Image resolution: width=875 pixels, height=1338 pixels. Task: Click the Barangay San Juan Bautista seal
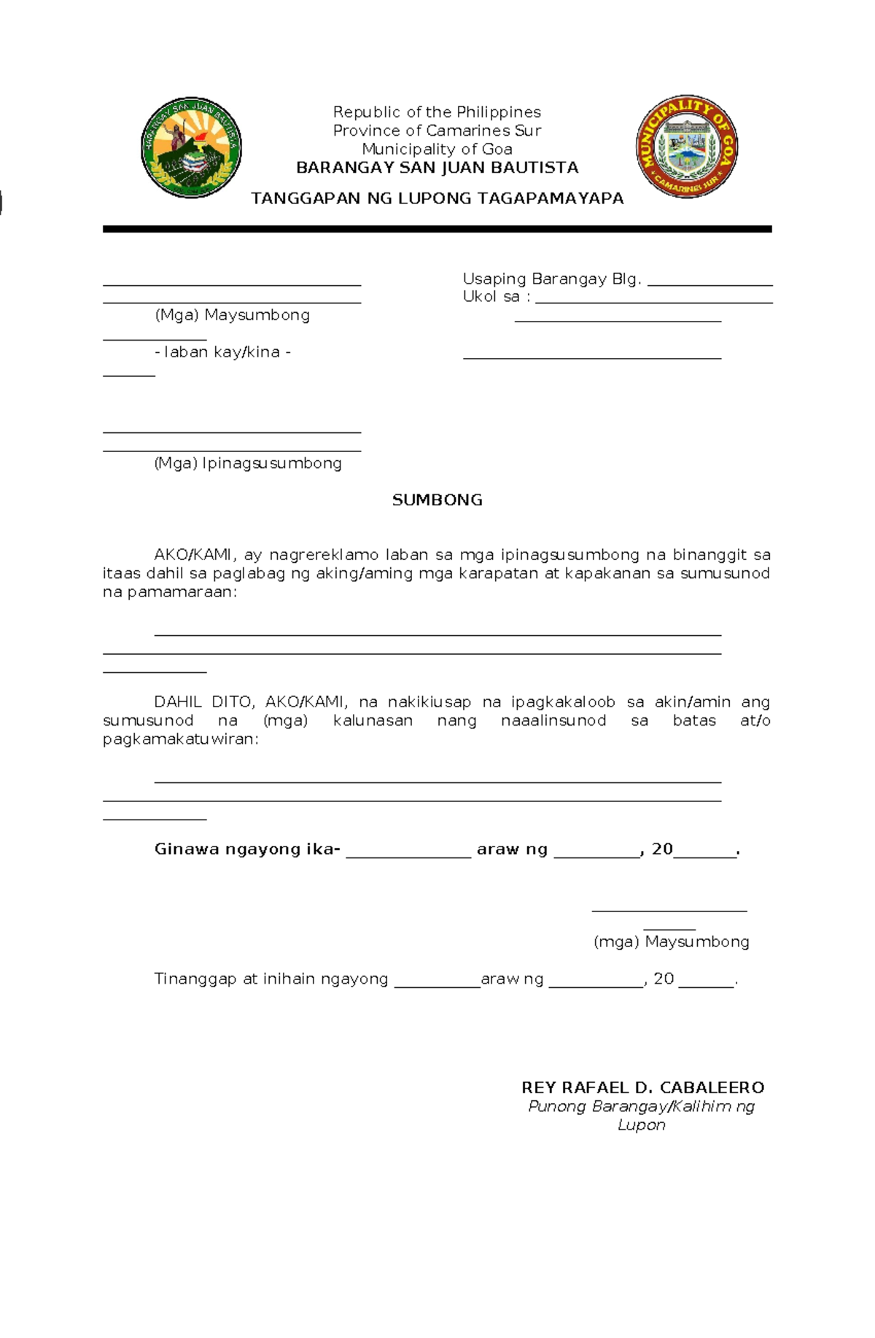tap(191, 147)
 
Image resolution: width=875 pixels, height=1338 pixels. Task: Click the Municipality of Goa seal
tap(686, 147)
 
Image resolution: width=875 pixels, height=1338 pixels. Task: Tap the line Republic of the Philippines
tap(437, 112)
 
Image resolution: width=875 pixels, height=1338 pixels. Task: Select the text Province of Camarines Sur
tap(437, 131)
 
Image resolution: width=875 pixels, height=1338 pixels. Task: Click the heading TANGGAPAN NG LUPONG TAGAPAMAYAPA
tap(437, 198)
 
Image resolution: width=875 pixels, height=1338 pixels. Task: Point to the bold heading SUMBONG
tap(437, 500)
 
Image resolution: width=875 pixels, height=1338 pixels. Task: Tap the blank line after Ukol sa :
tap(653, 301)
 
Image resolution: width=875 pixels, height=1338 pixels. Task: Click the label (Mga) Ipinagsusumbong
tap(248, 464)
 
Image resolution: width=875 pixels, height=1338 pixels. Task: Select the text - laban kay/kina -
tap(222, 352)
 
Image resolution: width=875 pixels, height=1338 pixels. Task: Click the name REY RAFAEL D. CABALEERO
tap(642, 1088)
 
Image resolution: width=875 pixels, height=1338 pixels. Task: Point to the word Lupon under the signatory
tap(641, 1125)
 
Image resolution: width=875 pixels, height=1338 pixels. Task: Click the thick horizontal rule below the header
tap(437, 229)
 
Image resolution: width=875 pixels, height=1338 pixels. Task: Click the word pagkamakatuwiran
tap(179, 739)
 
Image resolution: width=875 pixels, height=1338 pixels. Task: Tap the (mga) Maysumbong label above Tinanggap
tap(671, 942)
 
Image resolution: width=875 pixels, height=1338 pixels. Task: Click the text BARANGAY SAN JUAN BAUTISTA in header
tap(437, 168)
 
